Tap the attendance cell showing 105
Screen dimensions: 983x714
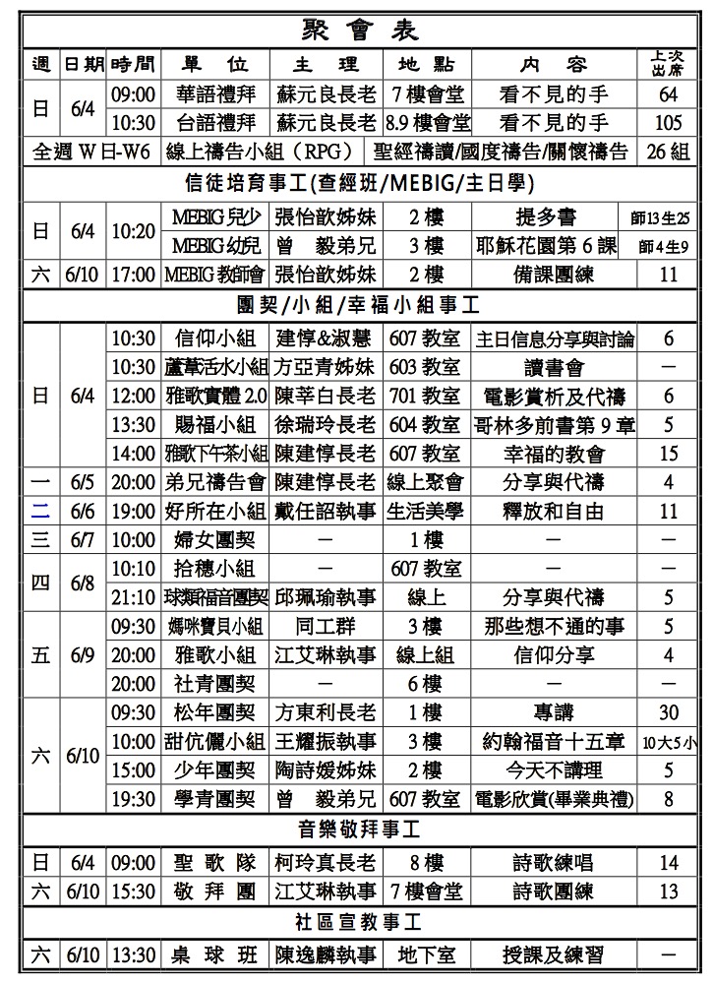(669, 122)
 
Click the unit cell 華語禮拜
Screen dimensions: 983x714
(214, 95)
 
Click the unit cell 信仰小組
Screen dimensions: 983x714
(214, 338)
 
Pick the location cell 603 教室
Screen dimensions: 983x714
(425, 367)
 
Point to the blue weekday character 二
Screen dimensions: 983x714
(40, 511)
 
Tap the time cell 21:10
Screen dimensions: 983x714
(133, 597)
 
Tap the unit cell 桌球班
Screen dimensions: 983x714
(214, 954)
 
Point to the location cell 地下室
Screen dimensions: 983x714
(425, 954)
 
